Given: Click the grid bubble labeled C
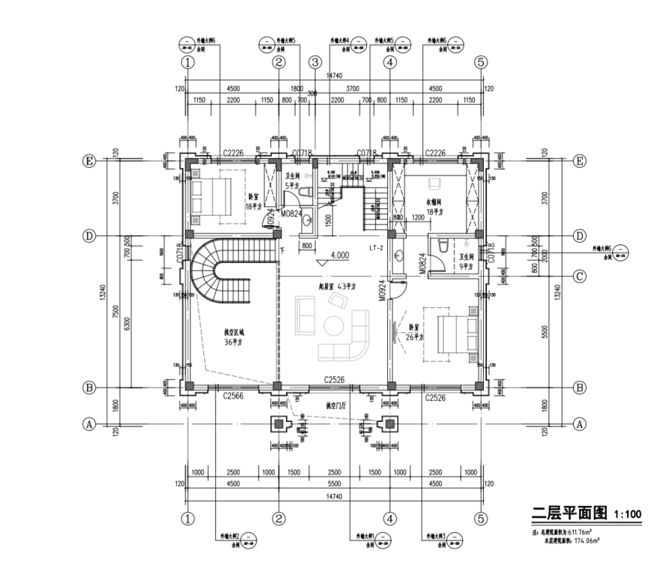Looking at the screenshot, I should click(x=579, y=275).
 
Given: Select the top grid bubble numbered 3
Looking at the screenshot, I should click(x=315, y=63).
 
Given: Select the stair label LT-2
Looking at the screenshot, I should click(x=376, y=247).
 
